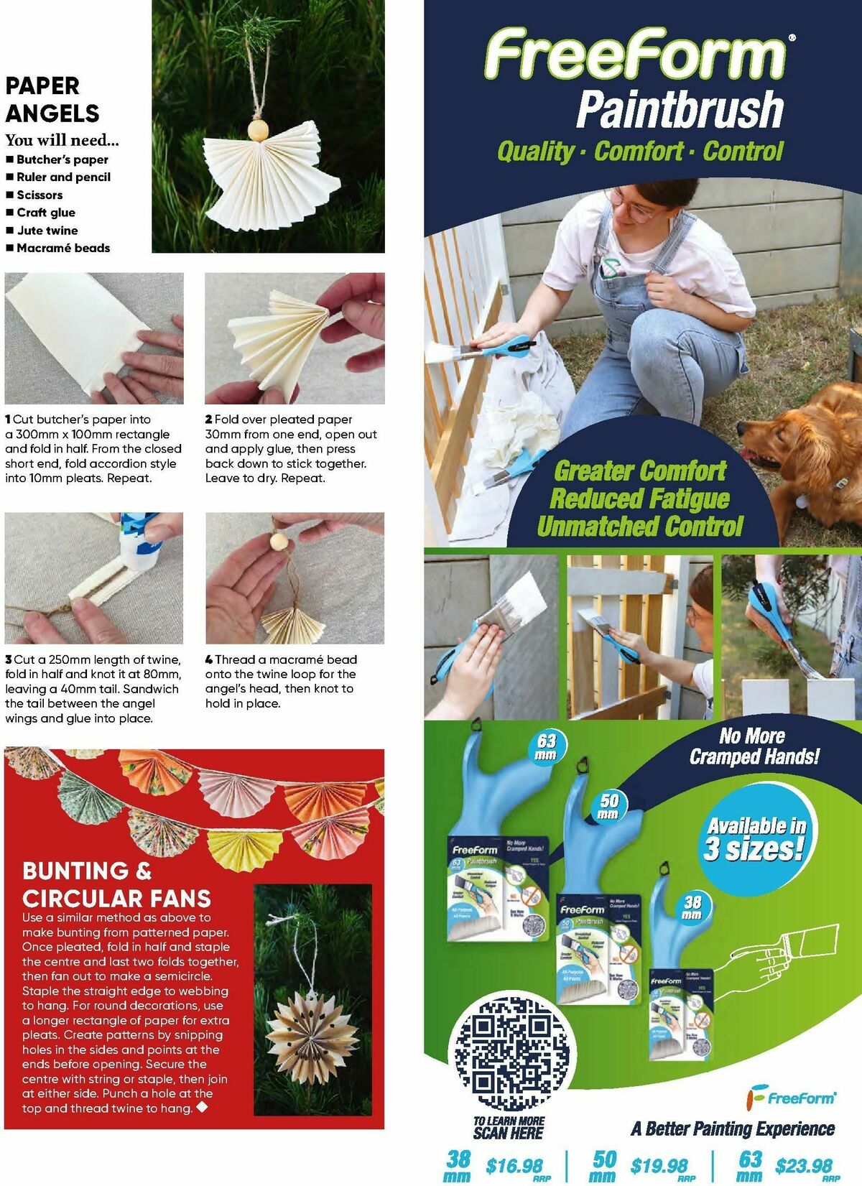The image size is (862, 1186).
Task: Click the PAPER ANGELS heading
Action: click(x=52, y=99)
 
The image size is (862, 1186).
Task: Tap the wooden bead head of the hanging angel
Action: click(x=257, y=131)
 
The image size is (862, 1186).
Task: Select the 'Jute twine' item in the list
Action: click(x=47, y=231)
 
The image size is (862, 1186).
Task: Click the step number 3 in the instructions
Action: click(x=8, y=659)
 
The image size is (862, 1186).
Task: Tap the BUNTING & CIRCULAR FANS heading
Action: click(x=116, y=885)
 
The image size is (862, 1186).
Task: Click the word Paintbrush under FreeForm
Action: click(x=679, y=109)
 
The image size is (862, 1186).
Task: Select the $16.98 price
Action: click(x=514, y=1166)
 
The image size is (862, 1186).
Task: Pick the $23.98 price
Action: click(x=803, y=1166)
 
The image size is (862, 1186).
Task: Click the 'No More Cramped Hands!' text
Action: click(x=754, y=746)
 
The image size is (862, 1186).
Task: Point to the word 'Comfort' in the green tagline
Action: click(x=638, y=152)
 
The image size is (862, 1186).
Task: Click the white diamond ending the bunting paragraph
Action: click(x=202, y=1107)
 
